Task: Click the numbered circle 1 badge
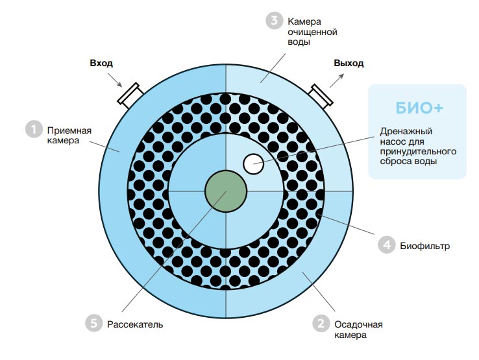34,129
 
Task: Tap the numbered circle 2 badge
321,324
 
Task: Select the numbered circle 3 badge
274,21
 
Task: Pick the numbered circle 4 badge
387,245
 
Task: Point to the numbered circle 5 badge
93,323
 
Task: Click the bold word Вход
101,63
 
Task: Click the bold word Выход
349,63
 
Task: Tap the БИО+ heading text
419,108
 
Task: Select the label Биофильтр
425,246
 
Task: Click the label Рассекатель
135,324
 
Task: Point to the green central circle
226,191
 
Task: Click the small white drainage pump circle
253,164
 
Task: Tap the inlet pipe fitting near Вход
130,95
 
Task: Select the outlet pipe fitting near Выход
321,95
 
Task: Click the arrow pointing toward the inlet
115,80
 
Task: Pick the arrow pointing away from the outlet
337,80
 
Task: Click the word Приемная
69,131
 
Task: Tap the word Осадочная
359,324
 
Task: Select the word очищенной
312,32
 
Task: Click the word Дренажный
406,132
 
